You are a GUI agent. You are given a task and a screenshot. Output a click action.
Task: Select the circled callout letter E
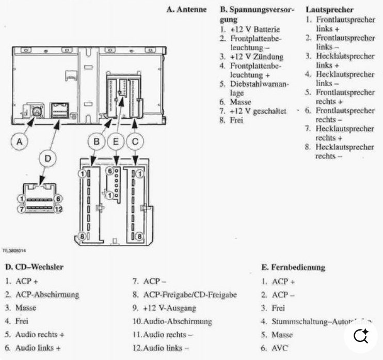pyautogui.click(x=117, y=140)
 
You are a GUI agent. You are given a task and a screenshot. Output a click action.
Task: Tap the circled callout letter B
pyautogui.click(x=96, y=140)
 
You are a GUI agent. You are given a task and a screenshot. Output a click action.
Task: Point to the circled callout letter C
pyautogui.click(x=135, y=140)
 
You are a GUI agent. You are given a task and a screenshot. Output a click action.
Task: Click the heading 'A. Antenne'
pyautogui.click(x=186, y=10)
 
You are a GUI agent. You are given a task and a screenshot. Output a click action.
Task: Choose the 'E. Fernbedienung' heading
pyautogui.click(x=293, y=268)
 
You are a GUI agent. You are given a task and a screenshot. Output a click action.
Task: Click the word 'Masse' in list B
pyautogui.click(x=241, y=102)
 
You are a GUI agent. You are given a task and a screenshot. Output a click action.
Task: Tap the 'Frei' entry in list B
pyautogui.click(x=237, y=120)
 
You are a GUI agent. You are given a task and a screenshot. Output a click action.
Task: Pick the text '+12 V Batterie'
pyautogui.click(x=250, y=29)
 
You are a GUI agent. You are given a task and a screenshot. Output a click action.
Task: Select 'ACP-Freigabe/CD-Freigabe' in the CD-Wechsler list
pyautogui.click(x=189, y=295)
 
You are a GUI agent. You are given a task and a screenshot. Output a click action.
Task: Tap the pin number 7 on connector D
pyautogui.click(x=20, y=209)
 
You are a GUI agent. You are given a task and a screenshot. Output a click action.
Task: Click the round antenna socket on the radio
pyautogui.click(x=37, y=111)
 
